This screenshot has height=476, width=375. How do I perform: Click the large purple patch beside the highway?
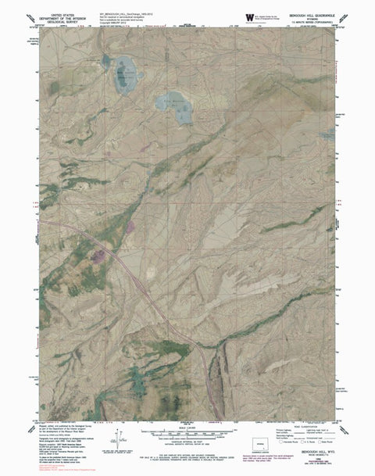[x=100, y=254]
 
